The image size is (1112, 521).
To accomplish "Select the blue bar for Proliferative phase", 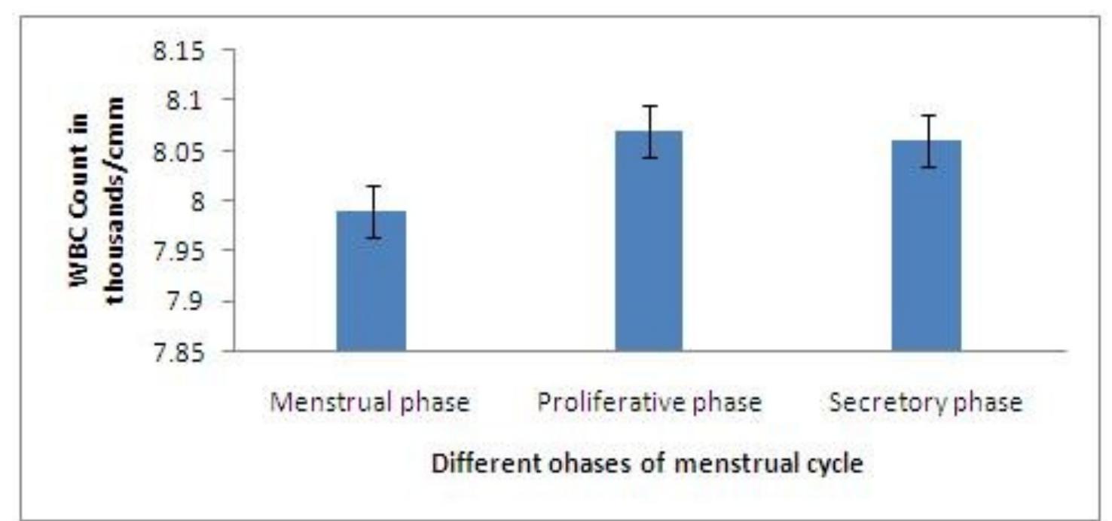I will coord(649,241).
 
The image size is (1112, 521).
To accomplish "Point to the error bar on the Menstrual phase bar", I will coord(371,211).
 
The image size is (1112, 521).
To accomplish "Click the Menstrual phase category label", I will coord(370,403).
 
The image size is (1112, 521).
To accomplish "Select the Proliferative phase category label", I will coord(649,403).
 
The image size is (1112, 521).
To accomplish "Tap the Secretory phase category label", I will coord(926,403).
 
